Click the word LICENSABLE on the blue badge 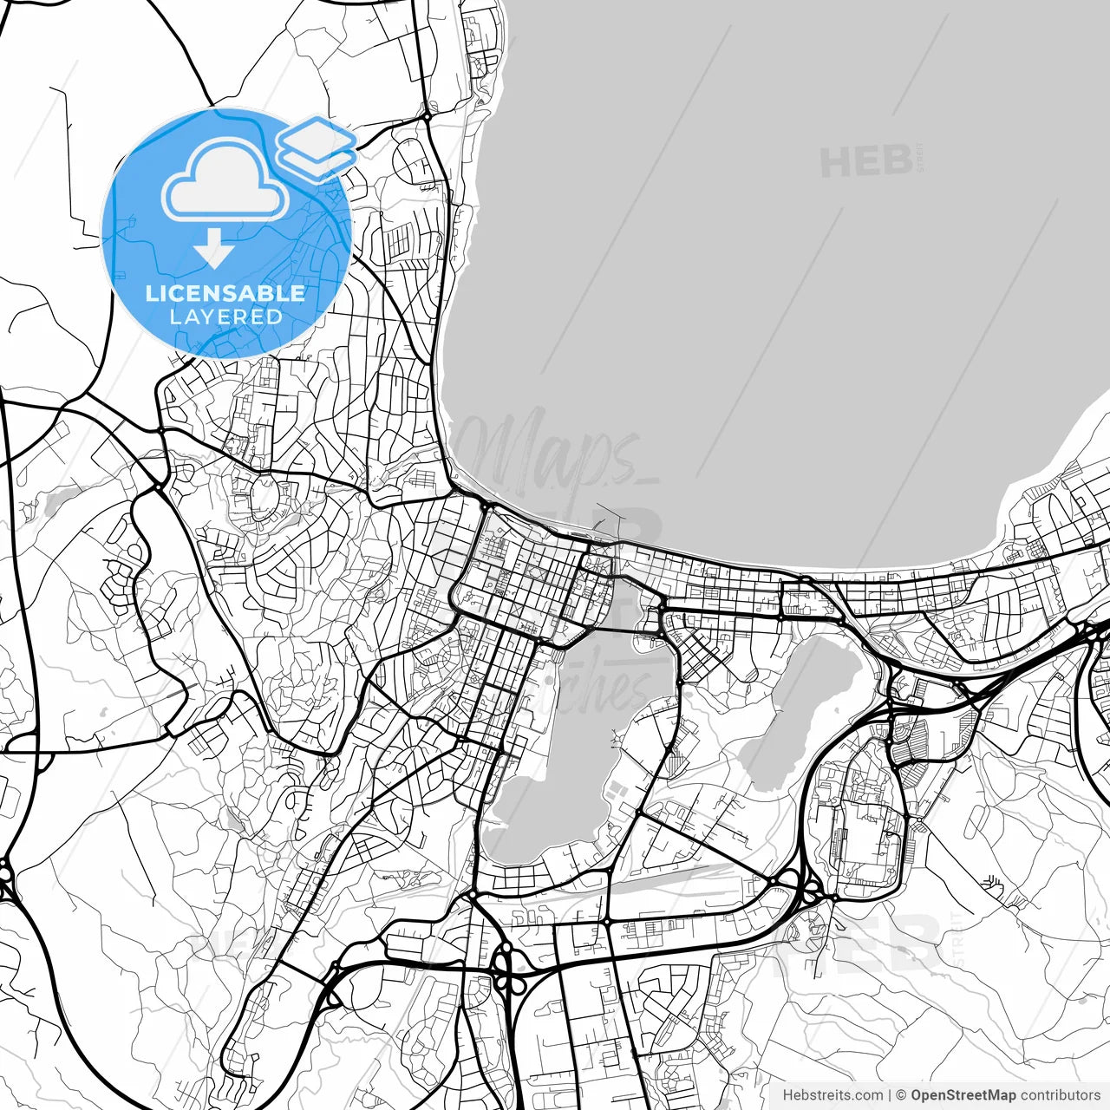[x=225, y=293]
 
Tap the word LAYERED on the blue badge [x=225, y=317]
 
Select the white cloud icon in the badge [x=225, y=180]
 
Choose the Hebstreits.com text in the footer [x=832, y=1095]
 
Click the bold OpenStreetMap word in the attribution [x=963, y=1095]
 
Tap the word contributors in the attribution [x=1060, y=1095]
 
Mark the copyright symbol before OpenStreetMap [x=901, y=1095]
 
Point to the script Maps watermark [x=555, y=451]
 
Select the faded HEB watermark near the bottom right [x=867, y=941]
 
